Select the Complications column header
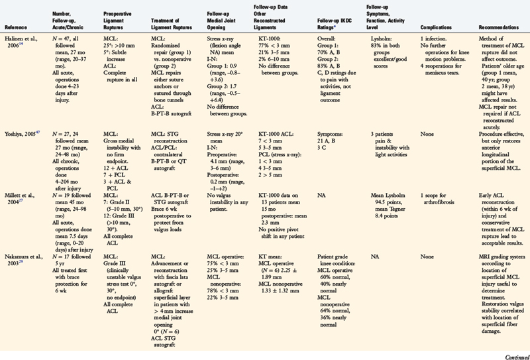pos(435,28)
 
